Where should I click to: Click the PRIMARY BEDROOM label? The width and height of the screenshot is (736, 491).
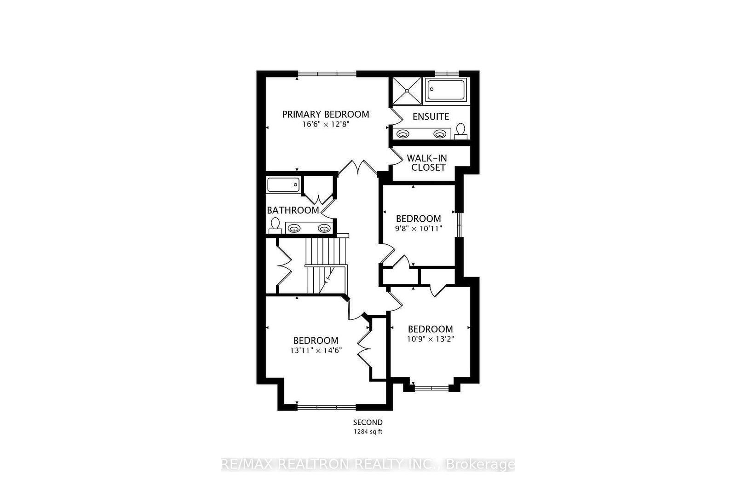[325, 114]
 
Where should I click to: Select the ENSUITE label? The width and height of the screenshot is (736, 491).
[431, 117]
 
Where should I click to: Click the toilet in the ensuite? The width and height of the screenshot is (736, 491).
[460, 131]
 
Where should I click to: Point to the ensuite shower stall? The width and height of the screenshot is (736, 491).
[406, 91]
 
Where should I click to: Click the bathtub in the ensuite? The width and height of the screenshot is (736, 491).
[446, 90]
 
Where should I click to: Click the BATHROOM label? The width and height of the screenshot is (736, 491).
[293, 210]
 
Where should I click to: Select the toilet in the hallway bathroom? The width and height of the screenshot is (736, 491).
[276, 225]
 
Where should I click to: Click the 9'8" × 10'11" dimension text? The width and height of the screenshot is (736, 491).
[418, 228]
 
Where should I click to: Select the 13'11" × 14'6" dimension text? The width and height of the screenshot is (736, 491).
[316, 350]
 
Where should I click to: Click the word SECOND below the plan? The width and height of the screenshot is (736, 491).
[368, 422]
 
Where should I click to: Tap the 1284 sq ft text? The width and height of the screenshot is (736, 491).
[368, 432]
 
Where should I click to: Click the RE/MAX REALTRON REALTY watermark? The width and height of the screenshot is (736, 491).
[368, 464]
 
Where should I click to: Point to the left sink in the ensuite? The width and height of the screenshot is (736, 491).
[403, 134]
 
